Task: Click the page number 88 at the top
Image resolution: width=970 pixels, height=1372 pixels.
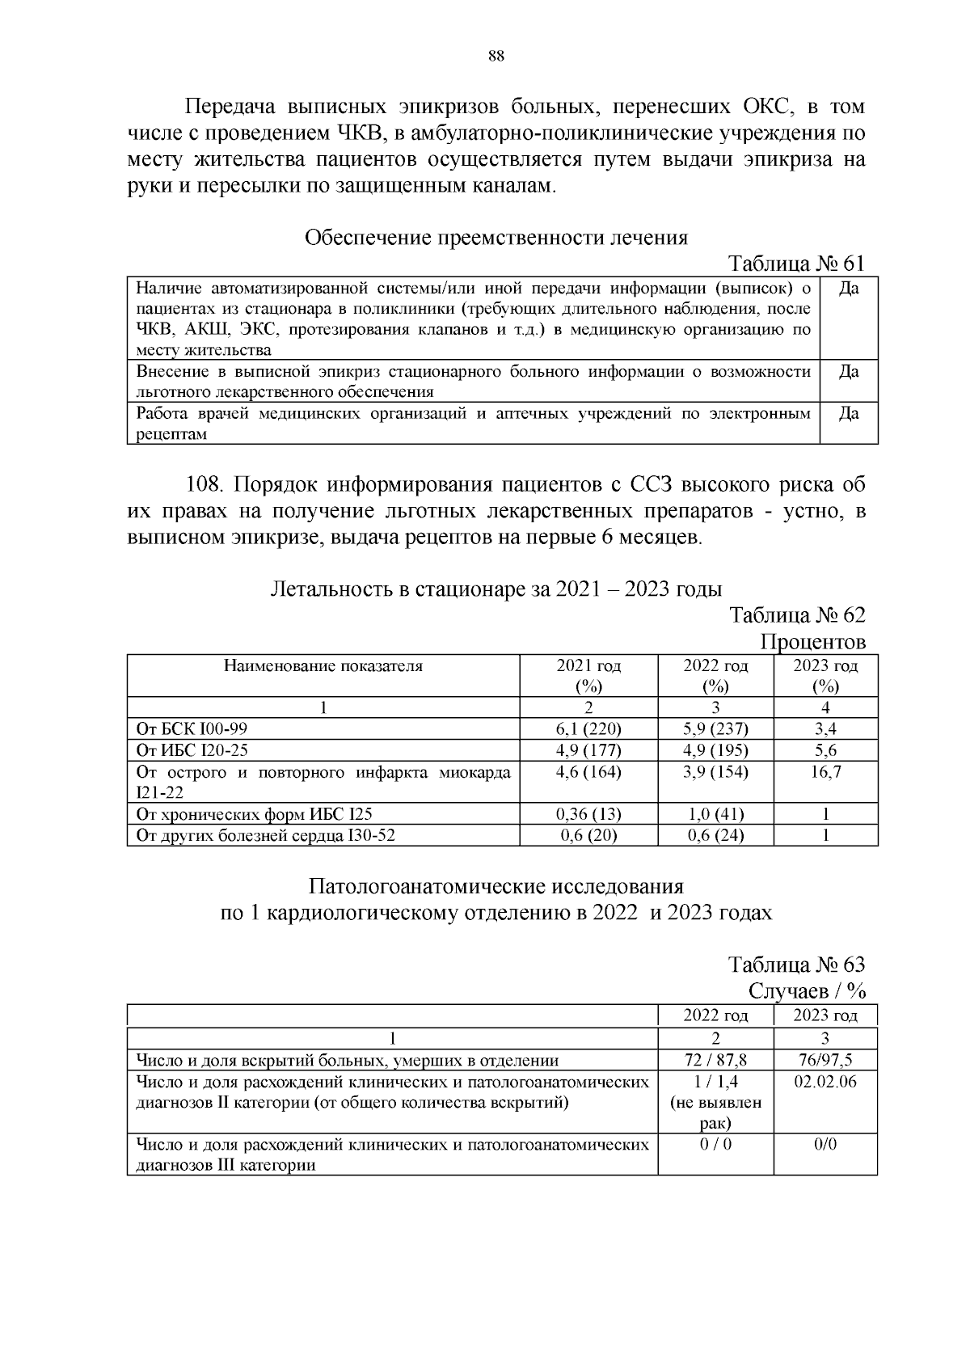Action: (496, 56)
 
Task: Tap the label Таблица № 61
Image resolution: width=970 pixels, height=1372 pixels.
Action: (796, 264)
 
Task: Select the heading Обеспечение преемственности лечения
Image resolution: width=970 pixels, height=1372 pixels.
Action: (496, 238)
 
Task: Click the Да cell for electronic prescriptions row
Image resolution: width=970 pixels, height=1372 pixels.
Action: (848, 414)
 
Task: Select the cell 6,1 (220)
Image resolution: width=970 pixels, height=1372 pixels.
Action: (588, 728)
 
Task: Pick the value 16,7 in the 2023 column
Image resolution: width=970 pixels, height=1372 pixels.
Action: (825, 771)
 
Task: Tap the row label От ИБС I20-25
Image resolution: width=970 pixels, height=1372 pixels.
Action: (192, 749)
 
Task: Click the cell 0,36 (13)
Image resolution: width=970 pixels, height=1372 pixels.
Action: (588, 814)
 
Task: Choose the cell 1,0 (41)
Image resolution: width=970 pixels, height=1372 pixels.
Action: (715, 814)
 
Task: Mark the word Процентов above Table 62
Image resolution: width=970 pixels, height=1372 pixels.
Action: (812, 642)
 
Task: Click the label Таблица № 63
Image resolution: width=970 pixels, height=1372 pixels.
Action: (796, 965)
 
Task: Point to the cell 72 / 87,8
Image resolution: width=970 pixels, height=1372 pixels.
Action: (715, 1060)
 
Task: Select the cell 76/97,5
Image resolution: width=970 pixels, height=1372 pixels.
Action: (825, 1060)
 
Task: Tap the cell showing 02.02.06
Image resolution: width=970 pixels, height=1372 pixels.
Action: (825, 1082)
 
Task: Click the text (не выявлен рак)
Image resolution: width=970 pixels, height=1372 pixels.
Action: (715, 1112)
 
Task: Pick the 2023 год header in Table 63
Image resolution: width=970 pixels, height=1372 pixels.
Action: (825, 1015)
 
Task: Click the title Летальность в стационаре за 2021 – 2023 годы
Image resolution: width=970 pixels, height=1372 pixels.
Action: (496, 589)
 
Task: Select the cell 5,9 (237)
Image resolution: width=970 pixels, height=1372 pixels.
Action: (715, 728)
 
